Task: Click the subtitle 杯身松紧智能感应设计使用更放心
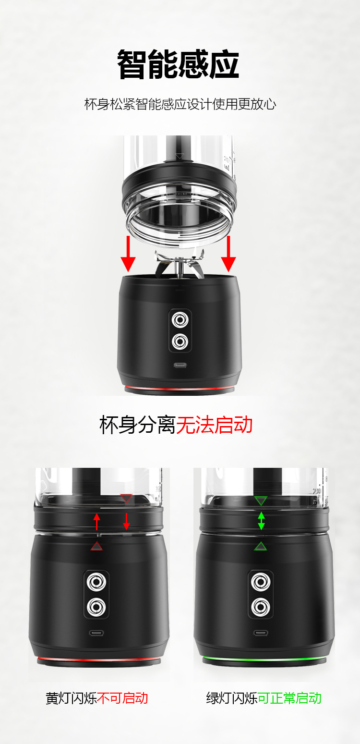tap(180, 104)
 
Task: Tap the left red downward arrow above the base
tap(128, 254)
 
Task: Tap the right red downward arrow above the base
tap(228, 254)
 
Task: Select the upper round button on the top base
tap(180, 319)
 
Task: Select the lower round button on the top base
tap(180, 342)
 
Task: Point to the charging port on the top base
tap(180, 365)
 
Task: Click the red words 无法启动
tap(214, 425)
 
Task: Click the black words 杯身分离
tap(138, 425)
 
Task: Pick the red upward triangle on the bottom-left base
tap(97, 546)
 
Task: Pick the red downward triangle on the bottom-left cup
tap(126, 499)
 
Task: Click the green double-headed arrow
tap(261, 521)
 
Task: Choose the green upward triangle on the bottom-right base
tap(261, 546)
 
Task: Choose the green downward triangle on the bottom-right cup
tap(261, 501)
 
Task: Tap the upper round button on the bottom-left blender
tap(98, 583)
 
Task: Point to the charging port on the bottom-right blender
tap(261, 632)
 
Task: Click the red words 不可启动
tap(122, 698)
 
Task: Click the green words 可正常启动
tap(289, 698)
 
